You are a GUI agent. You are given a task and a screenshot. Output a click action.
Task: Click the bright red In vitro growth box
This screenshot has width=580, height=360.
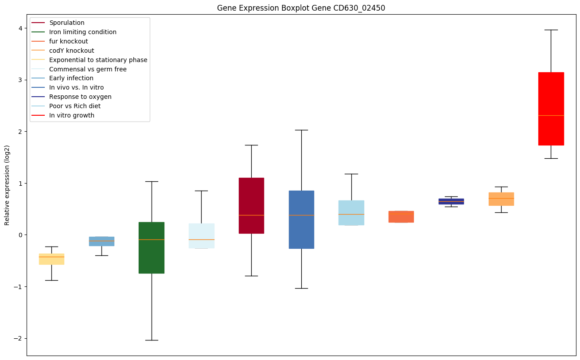click(551, 109)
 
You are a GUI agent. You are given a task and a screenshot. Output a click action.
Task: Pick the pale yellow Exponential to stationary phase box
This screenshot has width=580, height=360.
click(51, 259)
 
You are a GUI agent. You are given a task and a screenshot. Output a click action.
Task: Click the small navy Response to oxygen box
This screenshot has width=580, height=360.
click(451, 201)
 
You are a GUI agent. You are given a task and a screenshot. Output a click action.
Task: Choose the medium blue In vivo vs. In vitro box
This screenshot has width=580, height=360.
click(301, 219)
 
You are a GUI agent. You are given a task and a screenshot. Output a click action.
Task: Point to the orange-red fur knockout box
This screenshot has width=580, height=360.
click(401, 216)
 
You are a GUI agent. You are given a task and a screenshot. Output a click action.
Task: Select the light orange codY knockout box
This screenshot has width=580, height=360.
click(501, 199)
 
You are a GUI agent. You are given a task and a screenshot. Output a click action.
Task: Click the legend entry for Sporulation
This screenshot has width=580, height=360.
click(67, 23)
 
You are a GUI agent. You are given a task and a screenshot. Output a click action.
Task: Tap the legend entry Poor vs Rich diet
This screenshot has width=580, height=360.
click(75, 106)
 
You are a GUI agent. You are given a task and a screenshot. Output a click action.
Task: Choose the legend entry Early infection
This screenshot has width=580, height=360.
click(71, 78)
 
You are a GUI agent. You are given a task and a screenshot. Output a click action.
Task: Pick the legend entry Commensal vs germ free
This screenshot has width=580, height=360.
click(88, 69)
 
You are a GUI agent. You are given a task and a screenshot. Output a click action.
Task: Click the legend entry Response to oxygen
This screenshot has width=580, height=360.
click(80, 97)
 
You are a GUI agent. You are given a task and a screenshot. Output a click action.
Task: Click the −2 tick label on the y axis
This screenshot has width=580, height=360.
click(18, 338)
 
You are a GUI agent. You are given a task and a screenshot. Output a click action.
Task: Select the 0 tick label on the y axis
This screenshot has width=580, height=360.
click(20, 235)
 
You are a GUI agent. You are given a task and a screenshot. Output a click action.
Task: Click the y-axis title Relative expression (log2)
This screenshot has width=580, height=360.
click(7, 185)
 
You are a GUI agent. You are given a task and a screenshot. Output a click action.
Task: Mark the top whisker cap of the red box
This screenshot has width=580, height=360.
click(551, 30)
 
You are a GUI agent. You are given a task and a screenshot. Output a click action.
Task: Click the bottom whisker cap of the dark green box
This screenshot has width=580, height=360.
click(152, 340)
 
